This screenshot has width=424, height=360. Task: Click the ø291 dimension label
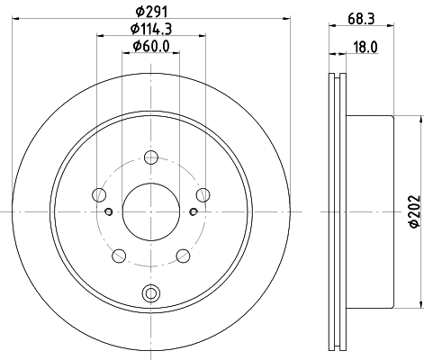point(150,12)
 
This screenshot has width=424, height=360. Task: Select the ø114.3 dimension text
point(150,31)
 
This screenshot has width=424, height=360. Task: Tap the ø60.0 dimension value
point(150,48)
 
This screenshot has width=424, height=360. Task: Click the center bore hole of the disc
point(150,210)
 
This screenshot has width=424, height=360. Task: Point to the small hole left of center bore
point(108,211)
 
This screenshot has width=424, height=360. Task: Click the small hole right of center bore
point(193,211)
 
